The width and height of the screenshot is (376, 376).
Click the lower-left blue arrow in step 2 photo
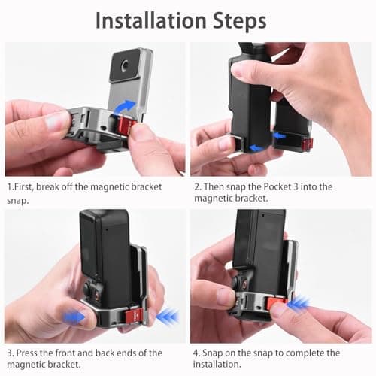pos(256,148)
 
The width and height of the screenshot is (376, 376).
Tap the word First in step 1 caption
pos(28,186)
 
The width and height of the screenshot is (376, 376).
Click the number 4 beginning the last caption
pos(196,353)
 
